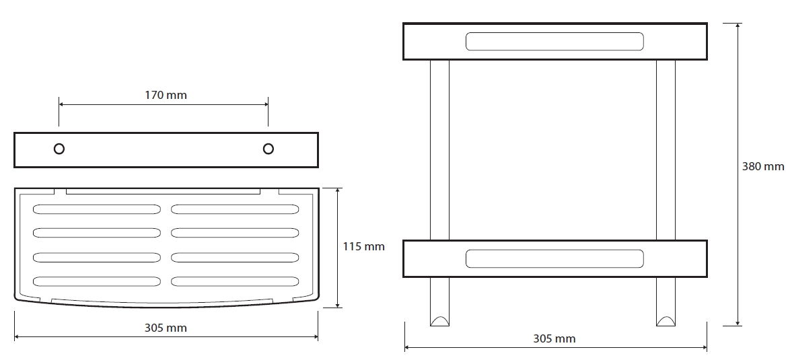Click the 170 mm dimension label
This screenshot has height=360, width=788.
pyautogui.click(x=166, y=95)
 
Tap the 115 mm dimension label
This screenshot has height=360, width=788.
pyautogui.click(x=364, y=246)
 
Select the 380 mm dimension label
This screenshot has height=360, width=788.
pyautogui.click(x=763, y=166)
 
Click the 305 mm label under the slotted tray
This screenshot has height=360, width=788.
pyautogui.click(x=166, y=328)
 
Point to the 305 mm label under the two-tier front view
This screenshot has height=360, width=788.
pyautogui.click(x=554, y=338)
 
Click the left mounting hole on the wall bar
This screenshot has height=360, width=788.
pyautogui.click(x=59, y=149)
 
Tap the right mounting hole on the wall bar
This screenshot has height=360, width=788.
pyautogui.click(x=268, y=149)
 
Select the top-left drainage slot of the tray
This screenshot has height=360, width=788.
pyautogui.click(x=96, y=209)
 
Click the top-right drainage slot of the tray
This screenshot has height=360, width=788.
pyautogui.click(x=235, y=209)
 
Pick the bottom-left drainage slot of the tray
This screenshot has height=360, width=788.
pyautogui.click(x=96, y=281)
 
